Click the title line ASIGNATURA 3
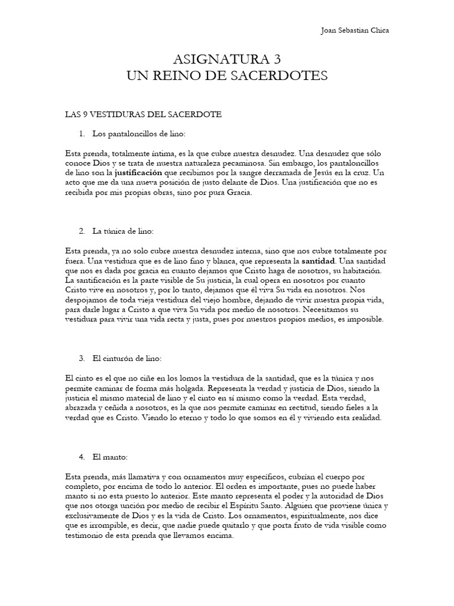click(226, 59)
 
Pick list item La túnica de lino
click(123, 230)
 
